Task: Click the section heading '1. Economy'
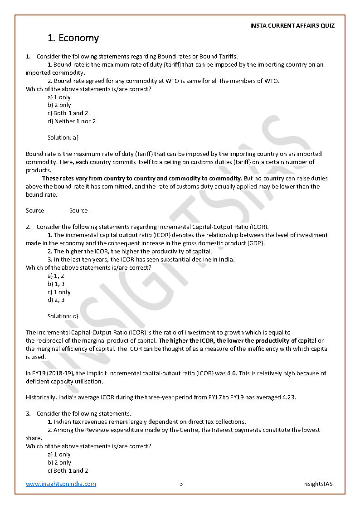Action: coord(73,38)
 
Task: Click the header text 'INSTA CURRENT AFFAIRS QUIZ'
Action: coord(292,25)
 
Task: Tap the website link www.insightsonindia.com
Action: coord(61,484)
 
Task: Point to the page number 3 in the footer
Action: coord(181,484)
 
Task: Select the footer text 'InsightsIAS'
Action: coord(318,484)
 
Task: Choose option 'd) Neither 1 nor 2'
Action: coord(72,121)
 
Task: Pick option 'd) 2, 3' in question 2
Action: coord(56,300)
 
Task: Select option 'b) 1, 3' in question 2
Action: coord(56,284)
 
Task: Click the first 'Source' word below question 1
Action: coord(35,210)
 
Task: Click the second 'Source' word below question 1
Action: coord(78,210)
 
